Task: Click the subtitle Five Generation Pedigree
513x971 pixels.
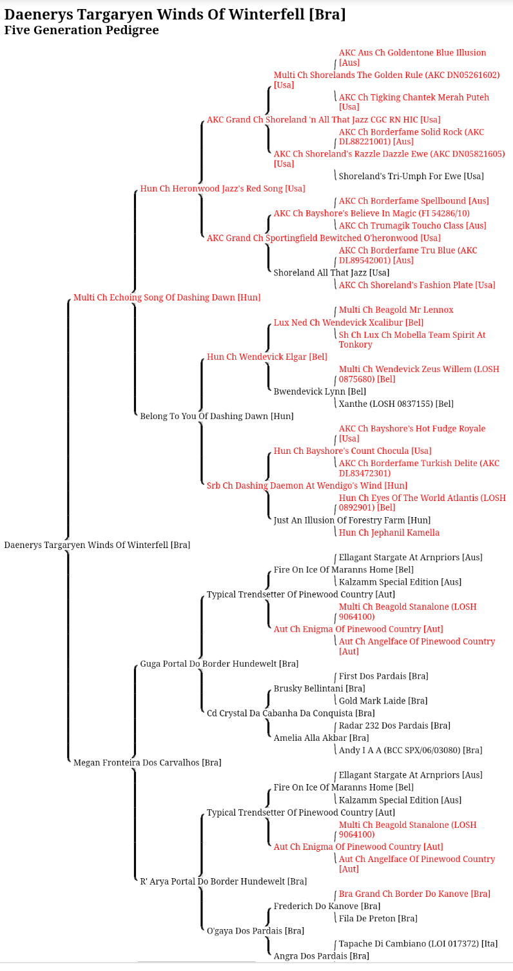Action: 81,30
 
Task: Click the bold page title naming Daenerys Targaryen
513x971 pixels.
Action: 175,14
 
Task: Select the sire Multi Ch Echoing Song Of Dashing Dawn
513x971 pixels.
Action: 167,297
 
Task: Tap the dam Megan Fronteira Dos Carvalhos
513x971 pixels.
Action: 148,763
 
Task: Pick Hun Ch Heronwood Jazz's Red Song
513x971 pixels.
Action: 223,188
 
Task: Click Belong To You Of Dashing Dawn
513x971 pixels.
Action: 217,416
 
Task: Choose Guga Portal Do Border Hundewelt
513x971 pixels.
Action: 219,663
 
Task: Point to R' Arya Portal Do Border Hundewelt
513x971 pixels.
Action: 223,881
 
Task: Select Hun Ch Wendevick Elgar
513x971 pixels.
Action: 267,357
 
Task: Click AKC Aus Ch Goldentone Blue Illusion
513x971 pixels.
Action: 412,57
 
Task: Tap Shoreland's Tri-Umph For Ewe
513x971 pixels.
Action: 411,176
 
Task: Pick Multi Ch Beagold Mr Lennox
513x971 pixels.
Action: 396,310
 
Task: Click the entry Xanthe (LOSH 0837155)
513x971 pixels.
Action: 396,404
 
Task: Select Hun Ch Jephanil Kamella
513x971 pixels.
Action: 389,533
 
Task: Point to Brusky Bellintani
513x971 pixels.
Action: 319,689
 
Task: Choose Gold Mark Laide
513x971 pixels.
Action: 383,700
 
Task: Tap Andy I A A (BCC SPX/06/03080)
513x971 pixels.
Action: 411,750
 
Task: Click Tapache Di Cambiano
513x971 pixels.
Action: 418,943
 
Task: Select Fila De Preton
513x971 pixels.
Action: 378,918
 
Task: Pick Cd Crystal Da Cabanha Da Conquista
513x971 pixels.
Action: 291,713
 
